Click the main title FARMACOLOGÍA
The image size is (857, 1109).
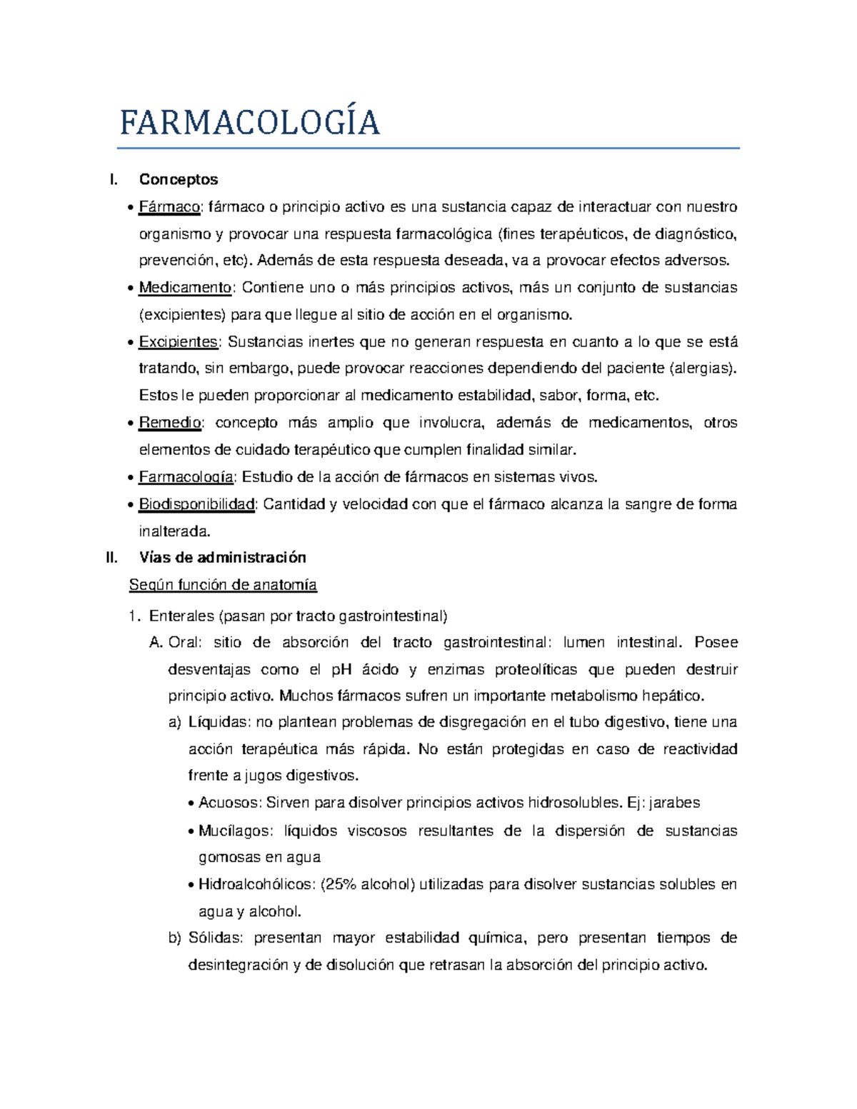click(x=249, y=123)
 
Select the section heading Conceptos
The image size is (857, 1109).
click(x=179, y=179)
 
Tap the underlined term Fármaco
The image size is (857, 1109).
click(x=170, y=207)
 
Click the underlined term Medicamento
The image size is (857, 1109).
click(x=185, y=288)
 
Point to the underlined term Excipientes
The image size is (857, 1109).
click(x=178, y=342)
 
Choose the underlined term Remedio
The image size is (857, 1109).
click(x=170, y=423)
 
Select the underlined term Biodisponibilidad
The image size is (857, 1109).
click(x=196, y=504)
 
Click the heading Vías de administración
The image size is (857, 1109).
click(x=222, y=558)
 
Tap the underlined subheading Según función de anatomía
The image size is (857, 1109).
click(x=223, y=585)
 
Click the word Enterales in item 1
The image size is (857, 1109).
click(x=181, y=616)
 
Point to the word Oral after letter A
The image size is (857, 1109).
click(x=184, y=643)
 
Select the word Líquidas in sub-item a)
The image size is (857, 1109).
click(x=218, y=722)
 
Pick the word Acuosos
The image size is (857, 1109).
click(x=229, y=803)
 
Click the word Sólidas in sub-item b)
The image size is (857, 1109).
click(x=215, y=938)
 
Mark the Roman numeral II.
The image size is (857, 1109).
click(x=111, y=558)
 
